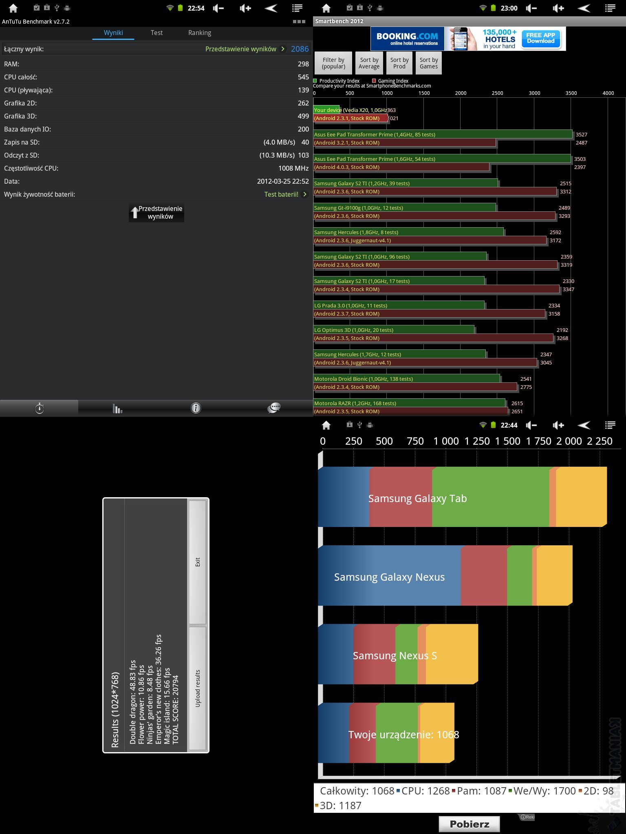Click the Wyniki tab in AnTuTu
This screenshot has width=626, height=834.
(x=113, y=33)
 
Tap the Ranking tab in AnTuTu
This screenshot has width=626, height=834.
(x=200, y=33)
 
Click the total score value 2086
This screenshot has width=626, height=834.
(x=300, y=49)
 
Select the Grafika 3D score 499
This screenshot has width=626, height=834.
(x=303, y=116)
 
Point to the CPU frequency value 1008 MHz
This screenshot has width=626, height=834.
(x=293, y=168)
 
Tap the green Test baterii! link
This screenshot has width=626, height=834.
(x=281, y=194)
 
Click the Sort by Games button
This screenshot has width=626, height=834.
(x=429, y=63)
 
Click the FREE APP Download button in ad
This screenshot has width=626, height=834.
(x=540, y=38)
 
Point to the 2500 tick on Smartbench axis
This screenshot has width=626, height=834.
(x=497, y=93)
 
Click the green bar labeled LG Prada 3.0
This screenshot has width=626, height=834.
(x=399, y=305)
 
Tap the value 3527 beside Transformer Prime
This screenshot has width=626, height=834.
(x=582, y=134)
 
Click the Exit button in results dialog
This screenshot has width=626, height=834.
(x=198, y=562)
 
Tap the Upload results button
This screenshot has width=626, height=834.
(x=198, y=688)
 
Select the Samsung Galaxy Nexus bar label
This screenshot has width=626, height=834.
(x=389, y=577)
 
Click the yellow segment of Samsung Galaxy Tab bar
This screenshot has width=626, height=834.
(x=581, y=497)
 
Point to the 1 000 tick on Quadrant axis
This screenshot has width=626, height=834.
(x=446, y=441)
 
